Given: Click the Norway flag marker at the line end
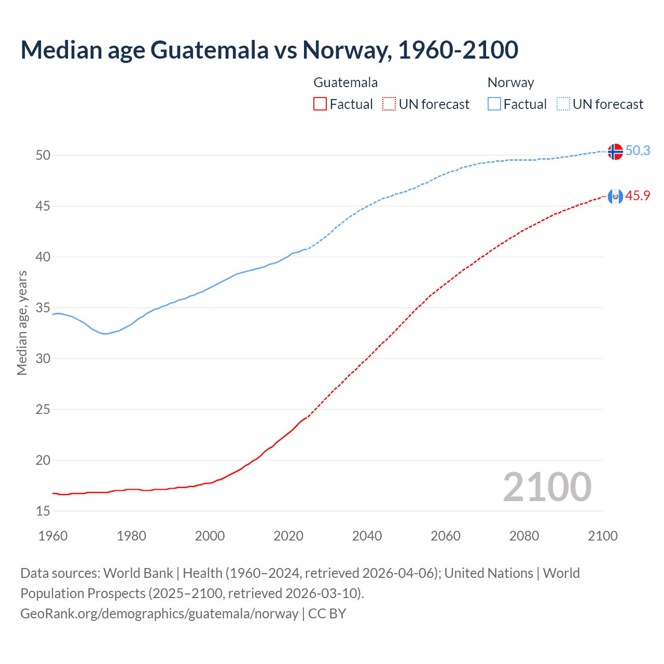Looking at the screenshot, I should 615,151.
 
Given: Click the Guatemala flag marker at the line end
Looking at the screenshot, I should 615,197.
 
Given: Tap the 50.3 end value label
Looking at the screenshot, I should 638,150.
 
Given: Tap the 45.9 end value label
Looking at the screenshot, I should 638,196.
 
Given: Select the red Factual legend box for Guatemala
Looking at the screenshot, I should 320,104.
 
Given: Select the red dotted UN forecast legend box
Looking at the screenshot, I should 389,104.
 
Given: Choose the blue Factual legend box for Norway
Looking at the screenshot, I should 494,104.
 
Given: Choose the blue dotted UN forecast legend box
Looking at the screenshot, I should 563,104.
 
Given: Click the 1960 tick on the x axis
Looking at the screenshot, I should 53,536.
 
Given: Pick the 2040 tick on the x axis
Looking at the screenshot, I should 367,536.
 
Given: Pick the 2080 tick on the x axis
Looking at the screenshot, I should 524,536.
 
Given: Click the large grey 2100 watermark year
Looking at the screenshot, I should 547,487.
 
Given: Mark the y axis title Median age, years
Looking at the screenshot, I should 22,323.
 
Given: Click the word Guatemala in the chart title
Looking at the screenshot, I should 210,50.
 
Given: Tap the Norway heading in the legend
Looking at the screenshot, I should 510,82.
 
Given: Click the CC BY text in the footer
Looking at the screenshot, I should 327,613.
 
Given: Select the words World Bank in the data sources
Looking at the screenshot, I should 138,573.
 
